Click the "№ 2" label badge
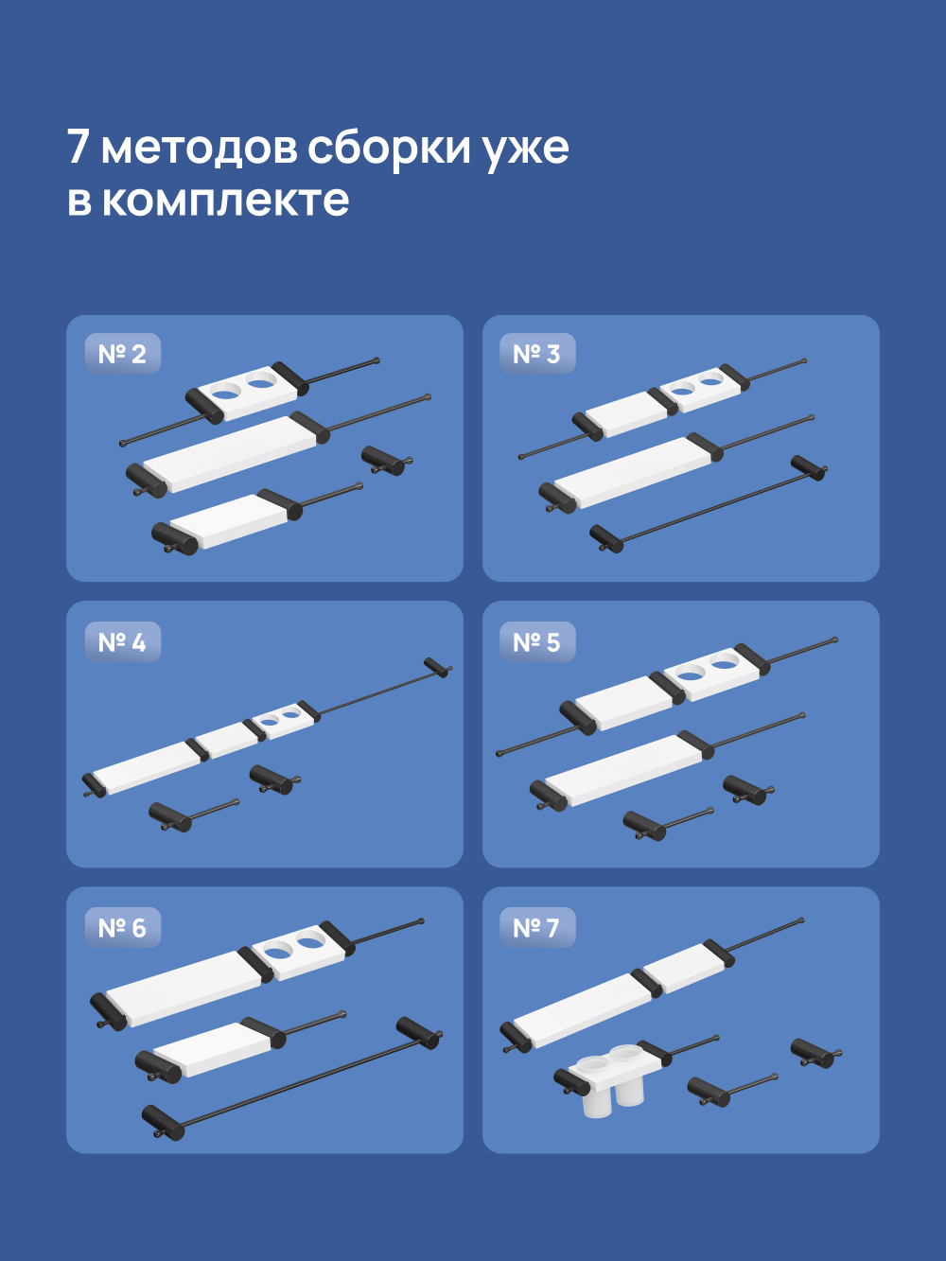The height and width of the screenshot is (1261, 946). [x=122, y=354]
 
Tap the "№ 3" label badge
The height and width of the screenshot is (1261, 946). [x=536, y=354]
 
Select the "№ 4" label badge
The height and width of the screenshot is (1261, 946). [x=122, y=642]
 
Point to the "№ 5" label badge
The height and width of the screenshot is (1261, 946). [x=536, y=642]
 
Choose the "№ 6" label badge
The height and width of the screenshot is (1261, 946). [x=122, y=928]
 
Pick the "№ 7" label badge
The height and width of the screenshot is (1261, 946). [x=536, y=928]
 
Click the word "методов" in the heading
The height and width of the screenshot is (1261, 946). [x=198, y=148]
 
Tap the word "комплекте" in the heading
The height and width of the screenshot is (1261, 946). [x=225, y=201]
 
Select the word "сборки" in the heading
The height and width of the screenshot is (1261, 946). [x=389, y=148]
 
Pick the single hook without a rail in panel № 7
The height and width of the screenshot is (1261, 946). [x=815, y=1053]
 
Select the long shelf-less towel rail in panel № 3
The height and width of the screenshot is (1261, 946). [x=709, y=505]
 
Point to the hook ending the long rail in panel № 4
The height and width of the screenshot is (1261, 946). [x=437, y=667]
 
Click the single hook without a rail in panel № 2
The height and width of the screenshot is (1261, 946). [x=385, y=461]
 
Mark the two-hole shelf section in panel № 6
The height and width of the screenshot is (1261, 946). [x=297, y=950]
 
